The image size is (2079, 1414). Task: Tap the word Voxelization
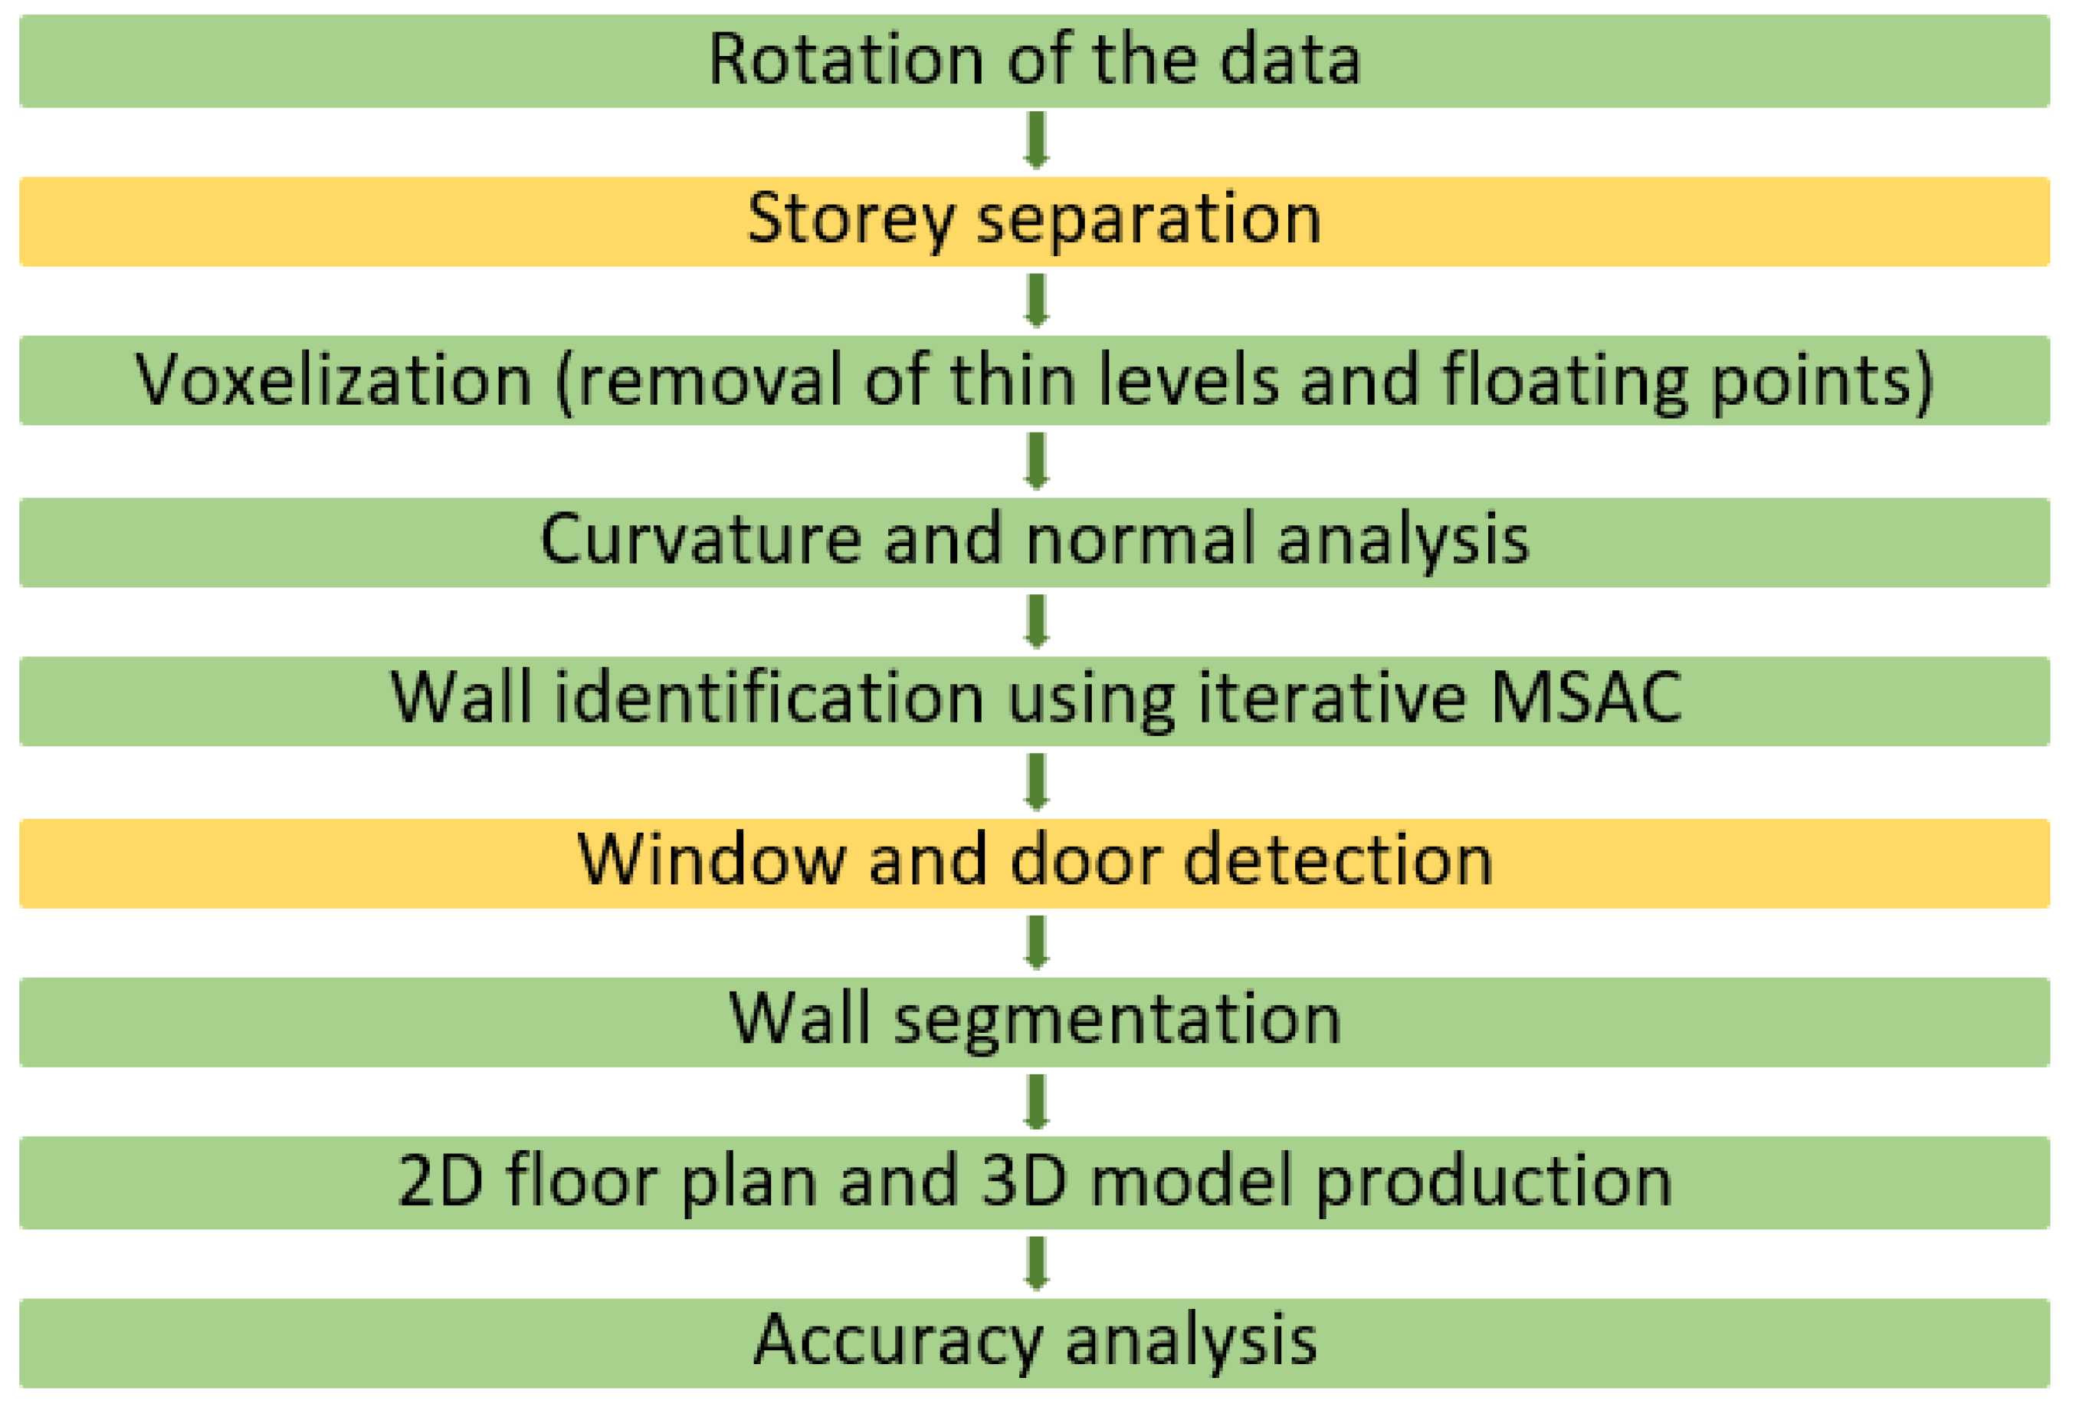tap(333, 380)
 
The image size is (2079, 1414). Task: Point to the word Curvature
tap(700, 541)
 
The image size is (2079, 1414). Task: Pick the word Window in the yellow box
tap(711, 861)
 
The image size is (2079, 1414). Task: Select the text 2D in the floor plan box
tap(440, 1182)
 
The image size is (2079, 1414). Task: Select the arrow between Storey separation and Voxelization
tap(1036, 301)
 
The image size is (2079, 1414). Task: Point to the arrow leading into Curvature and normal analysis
tap(1036, 461)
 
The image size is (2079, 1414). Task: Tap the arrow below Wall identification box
tap(1036, 781)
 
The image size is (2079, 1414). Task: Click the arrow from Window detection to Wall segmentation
tap(1036, 942)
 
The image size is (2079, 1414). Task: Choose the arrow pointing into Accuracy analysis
tap(1036, 1263)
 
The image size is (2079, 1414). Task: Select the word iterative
tap(1331, 699)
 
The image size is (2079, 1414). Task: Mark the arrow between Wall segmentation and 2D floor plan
tap(1036, 1102)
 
